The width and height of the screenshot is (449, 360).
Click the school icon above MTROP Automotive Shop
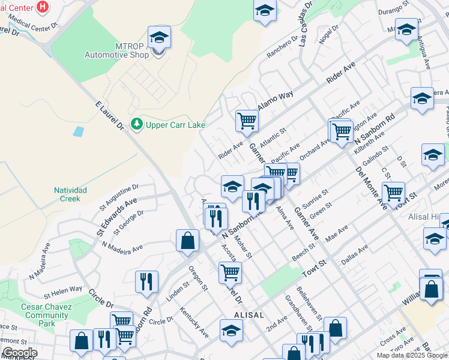click(159, 37)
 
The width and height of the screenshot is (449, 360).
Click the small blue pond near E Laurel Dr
click(78, 131)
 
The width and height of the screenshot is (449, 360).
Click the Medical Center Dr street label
click(37, 26)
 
